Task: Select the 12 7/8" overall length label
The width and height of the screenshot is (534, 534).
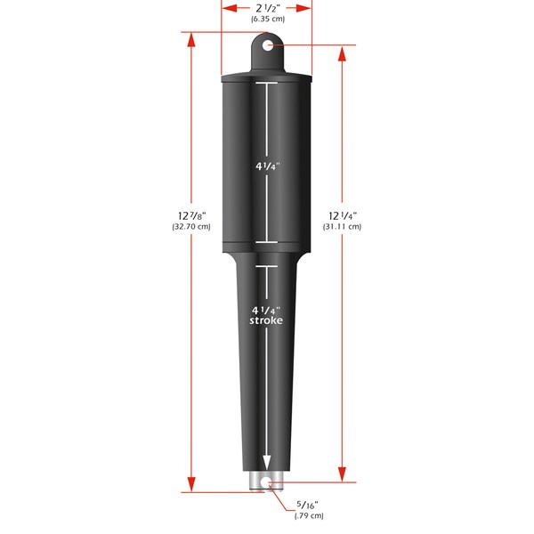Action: pyautogui.click(x=190, y=214)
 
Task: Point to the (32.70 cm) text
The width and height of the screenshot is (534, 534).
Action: pyautogui.click(x=190, y=227)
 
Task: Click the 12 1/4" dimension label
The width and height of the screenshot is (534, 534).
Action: pyautogui.click(x=343, y=214)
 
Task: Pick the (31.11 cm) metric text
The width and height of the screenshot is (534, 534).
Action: pyautogui.click(x=343, y=227)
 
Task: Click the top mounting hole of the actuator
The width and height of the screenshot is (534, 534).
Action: pyautogui.click(x=267, y=44)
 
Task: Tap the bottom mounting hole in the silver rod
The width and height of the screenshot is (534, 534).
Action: pyautogui.click(x=267, y=482)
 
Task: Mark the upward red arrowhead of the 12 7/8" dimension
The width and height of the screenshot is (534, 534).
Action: pyautogui.click(x=190, y=38)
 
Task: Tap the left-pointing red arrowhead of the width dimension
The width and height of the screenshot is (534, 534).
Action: pyautogui.click(x=227, y=7)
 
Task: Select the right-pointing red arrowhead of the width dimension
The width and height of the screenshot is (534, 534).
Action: pyautogui.click(x=306, y=7)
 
